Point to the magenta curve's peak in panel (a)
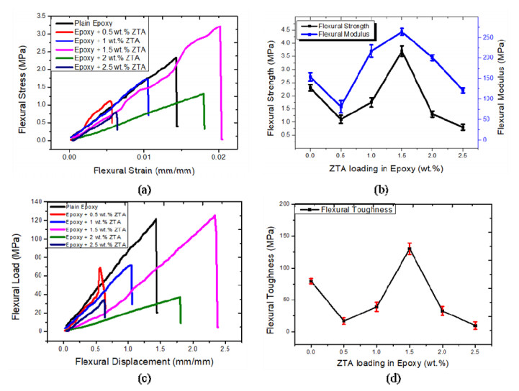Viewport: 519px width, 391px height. pyautogui.click(x=218, y=27)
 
